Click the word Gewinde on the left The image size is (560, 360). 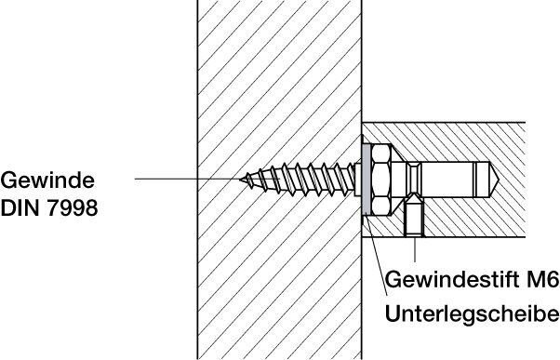pos(47,180)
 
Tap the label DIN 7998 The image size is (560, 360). pos(49,207)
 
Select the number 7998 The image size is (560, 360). pos(73,207)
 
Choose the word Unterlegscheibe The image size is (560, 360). pos(473,314)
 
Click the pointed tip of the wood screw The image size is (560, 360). pos(241,180)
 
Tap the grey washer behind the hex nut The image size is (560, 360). pos(366,180)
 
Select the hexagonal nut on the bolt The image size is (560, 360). pos(380,180)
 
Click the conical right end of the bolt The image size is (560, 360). pos(494,180)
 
